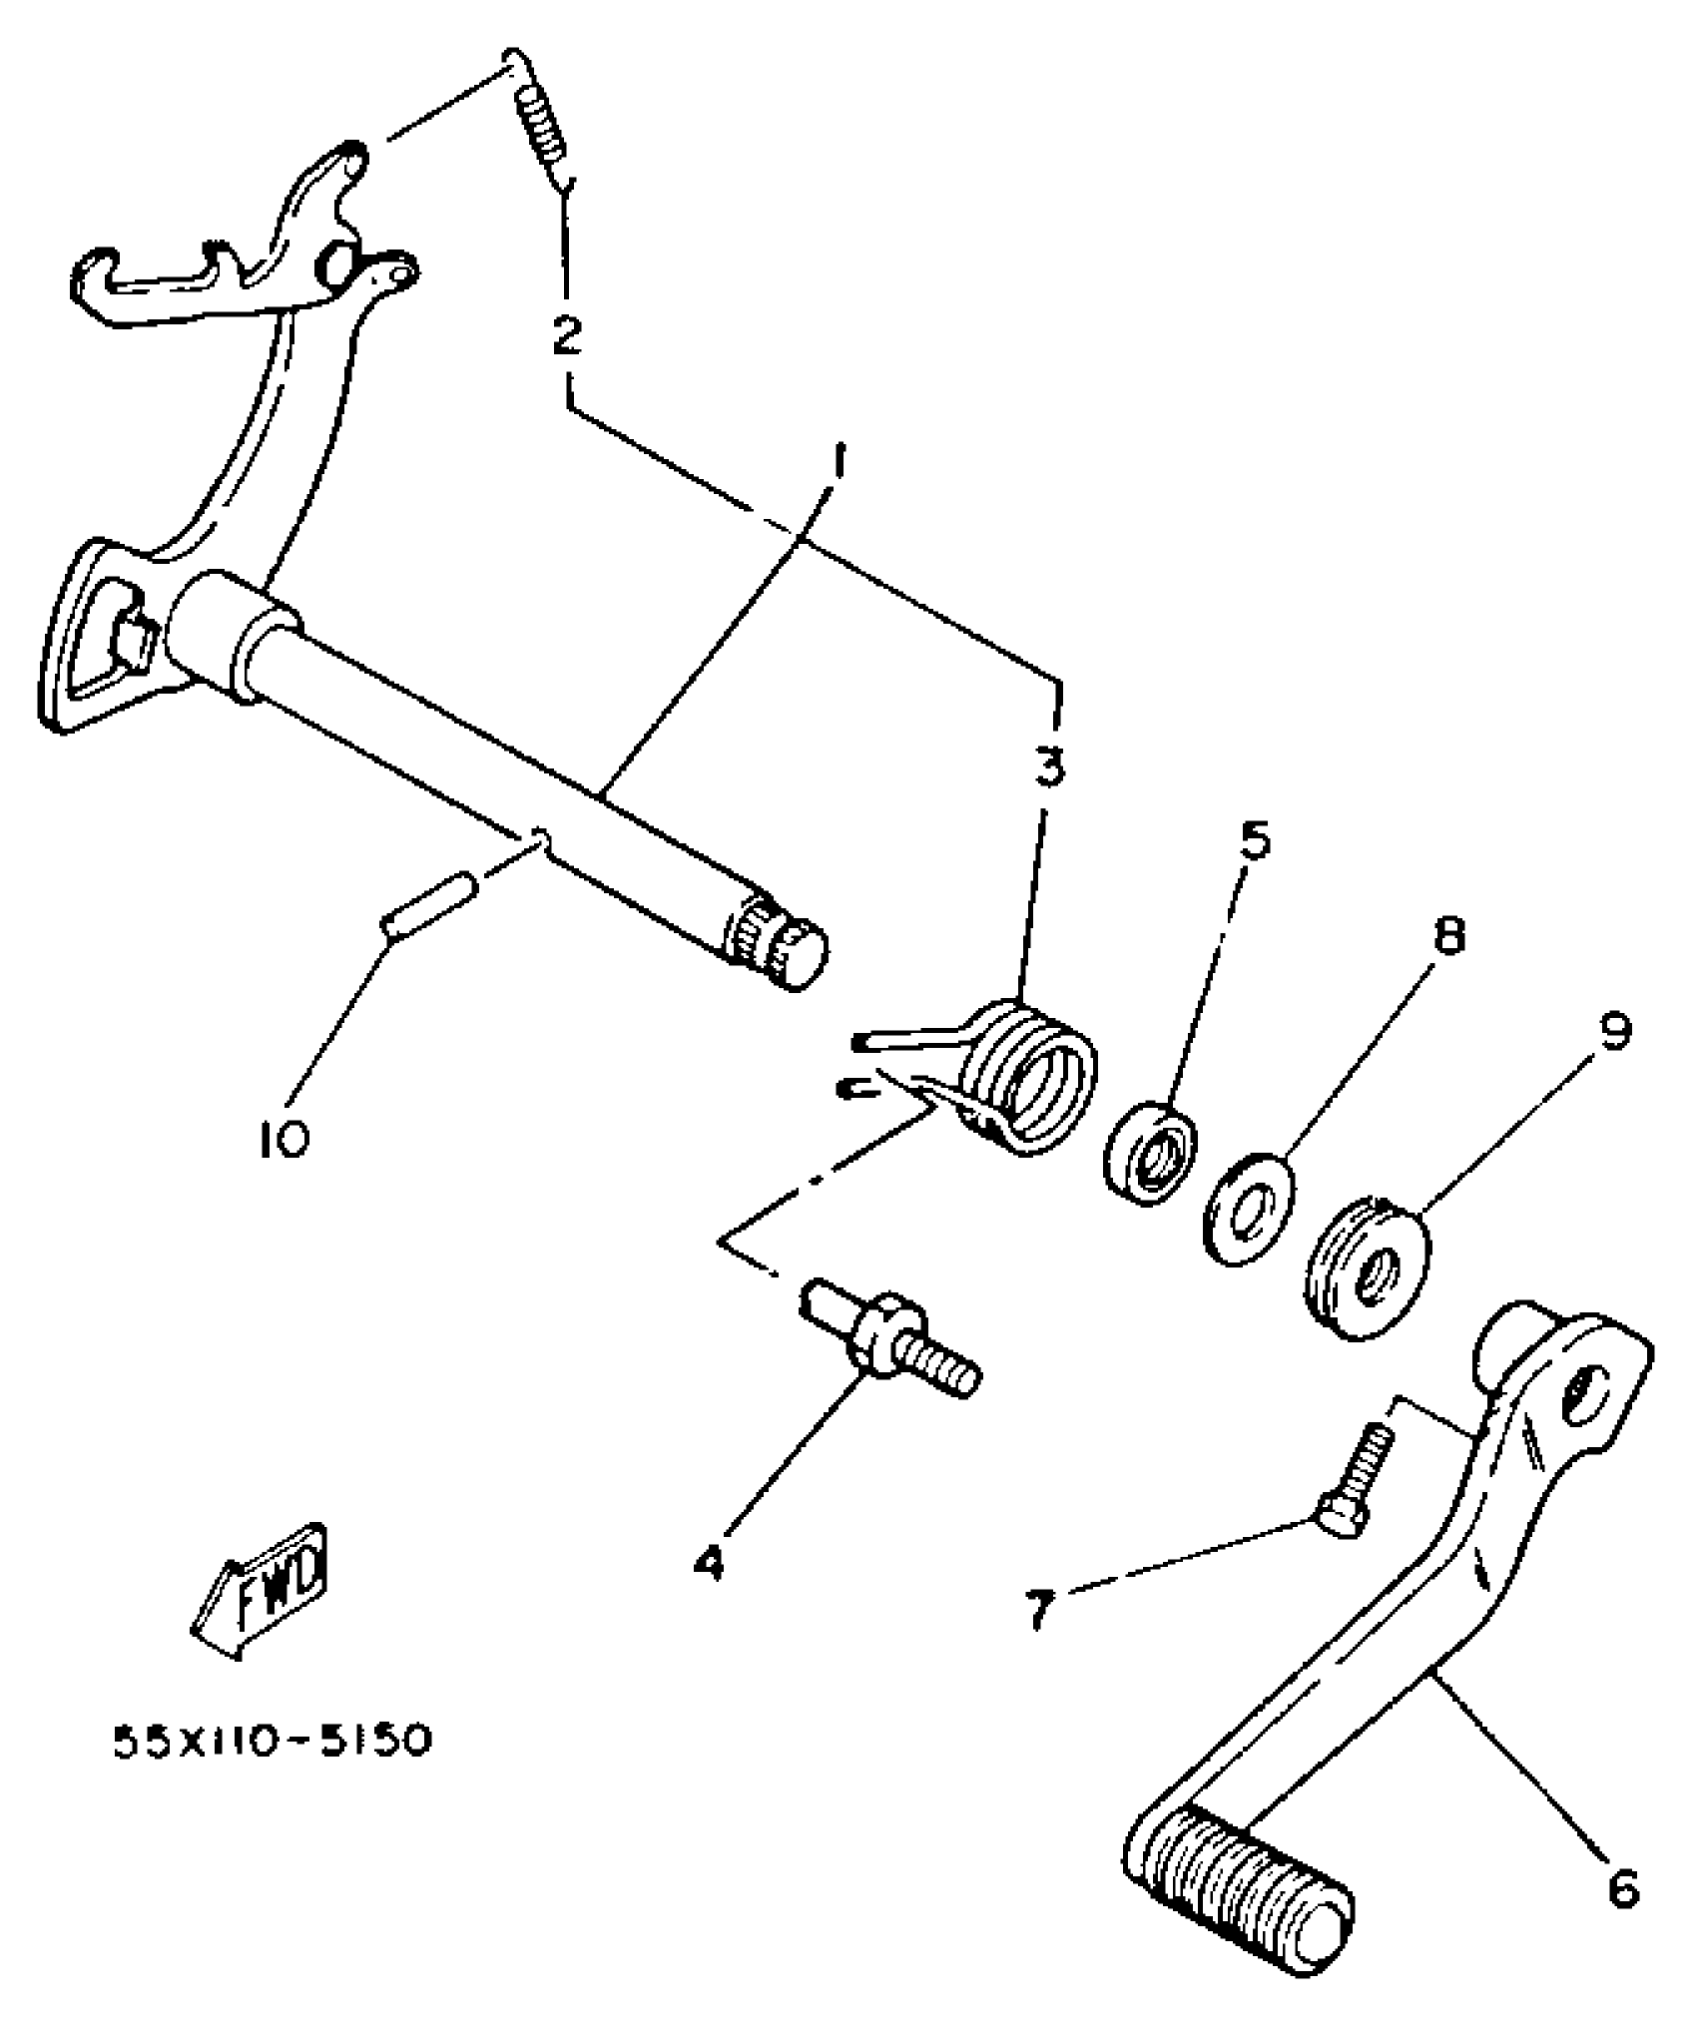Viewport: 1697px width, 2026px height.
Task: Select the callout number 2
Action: [x=567, y=334]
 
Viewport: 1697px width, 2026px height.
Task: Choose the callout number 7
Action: [x=1039, y=1608]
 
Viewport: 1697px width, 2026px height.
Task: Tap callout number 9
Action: [x=1614, y=1032]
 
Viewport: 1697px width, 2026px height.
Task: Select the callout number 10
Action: [x=283, y=1138]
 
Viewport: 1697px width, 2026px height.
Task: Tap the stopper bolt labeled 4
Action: [x=888, y=1342]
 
